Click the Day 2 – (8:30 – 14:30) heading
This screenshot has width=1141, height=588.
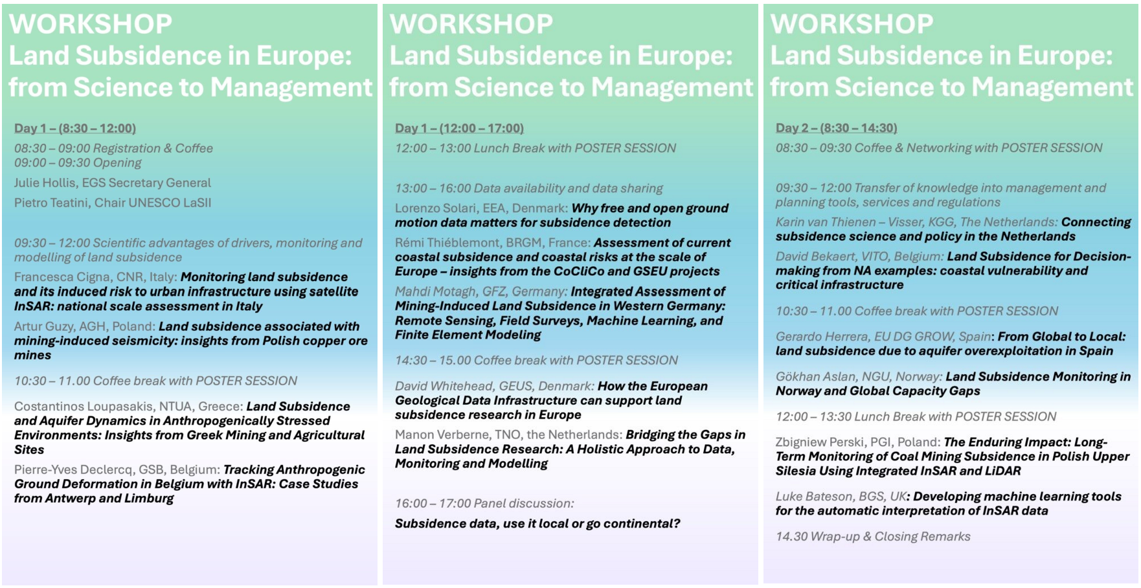pyautogui.click(x=836, y=128)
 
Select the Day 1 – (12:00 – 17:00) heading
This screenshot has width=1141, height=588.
pyautogui.click(x=459, y=128)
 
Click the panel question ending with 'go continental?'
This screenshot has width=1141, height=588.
pyautogui.click(x=537, y=523)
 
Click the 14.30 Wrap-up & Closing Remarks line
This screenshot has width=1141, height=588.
pyautogui.click(x=873, y=536)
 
